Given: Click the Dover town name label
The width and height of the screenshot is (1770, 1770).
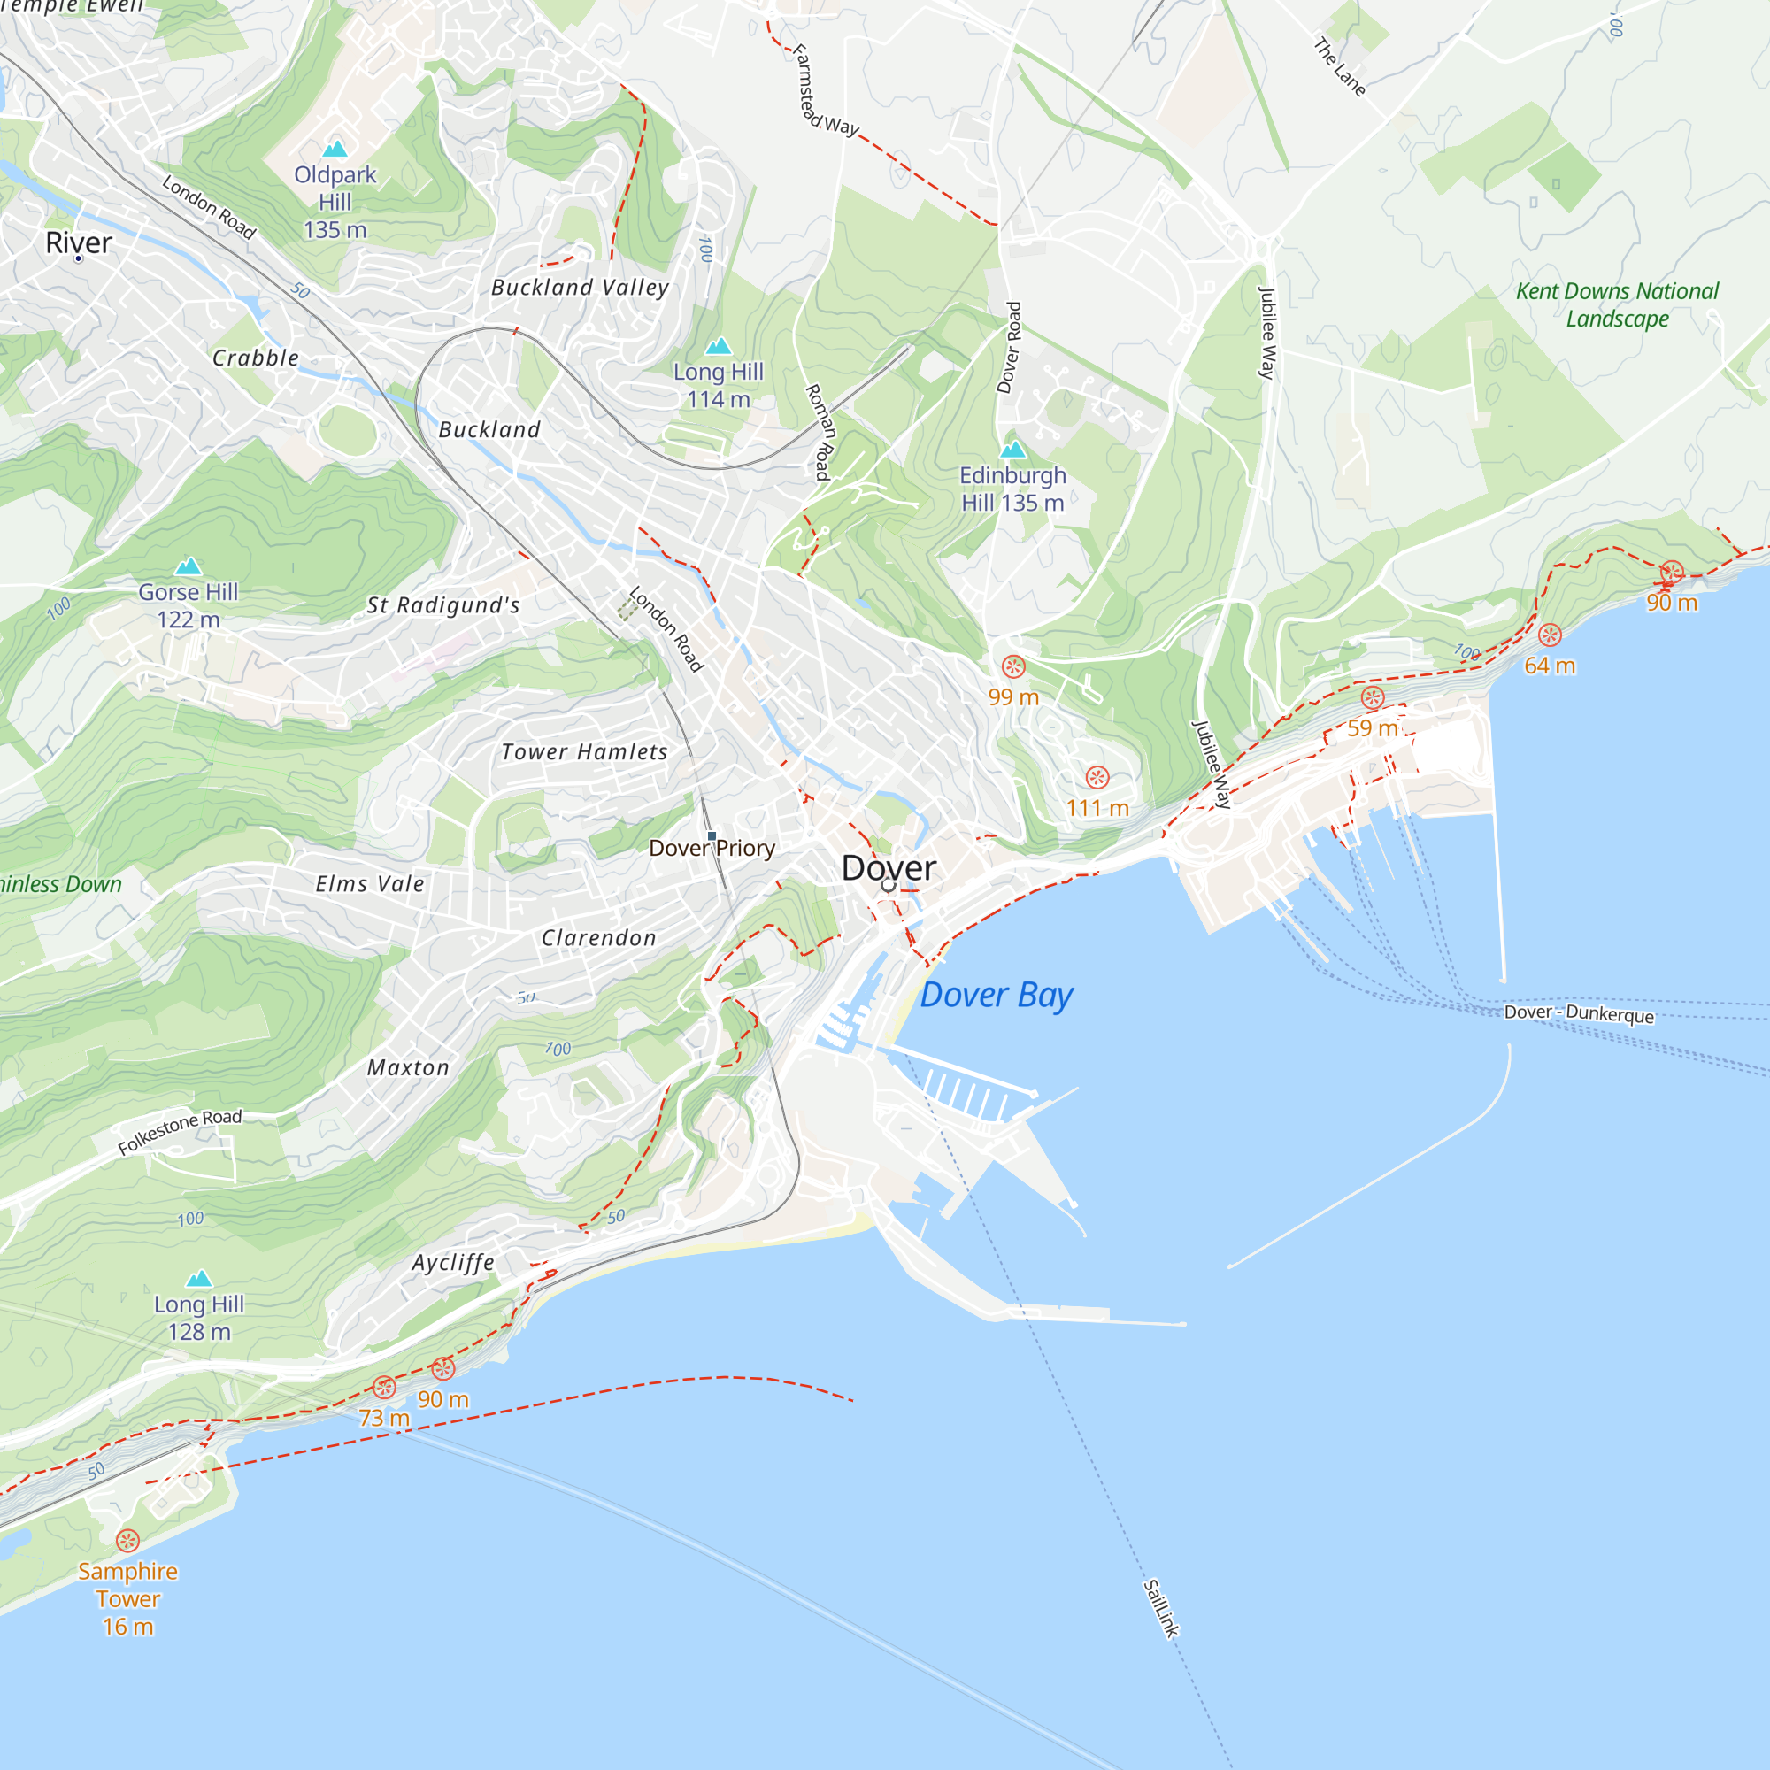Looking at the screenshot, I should (888, 867).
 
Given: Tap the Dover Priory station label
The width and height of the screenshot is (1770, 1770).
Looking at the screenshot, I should (711, 849).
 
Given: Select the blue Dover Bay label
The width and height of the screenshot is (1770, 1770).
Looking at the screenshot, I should (996, 995).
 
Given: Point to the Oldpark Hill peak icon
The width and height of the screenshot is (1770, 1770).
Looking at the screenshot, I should (335, 149).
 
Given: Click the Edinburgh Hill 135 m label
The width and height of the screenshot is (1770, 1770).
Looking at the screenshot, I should (1012, 489).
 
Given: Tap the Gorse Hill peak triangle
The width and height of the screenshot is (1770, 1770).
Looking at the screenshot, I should (188, 566).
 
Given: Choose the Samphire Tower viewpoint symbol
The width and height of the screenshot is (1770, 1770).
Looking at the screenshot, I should (127, 1540).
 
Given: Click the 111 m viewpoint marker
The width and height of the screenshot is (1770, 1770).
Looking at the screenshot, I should (1097, 778).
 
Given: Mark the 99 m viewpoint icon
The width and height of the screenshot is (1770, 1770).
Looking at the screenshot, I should (1012, 666).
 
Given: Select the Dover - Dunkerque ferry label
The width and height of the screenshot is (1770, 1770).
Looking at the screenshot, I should (1579, 1013).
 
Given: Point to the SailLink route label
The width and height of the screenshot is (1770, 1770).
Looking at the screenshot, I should (1160, 1608).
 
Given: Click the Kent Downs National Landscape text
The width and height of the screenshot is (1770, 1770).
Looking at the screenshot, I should (1617, 305).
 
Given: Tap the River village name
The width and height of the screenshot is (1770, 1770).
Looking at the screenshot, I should (79, 242).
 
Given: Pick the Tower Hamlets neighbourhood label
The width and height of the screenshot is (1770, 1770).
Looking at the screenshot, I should (583, 752).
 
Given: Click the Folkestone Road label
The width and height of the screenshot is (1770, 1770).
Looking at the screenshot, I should (180, 1131).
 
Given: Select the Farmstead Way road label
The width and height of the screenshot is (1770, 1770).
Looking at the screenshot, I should (824, 92).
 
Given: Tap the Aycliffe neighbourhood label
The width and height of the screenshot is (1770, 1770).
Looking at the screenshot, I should (452, 1263).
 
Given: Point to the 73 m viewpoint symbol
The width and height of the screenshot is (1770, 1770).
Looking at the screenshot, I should (384, 1387).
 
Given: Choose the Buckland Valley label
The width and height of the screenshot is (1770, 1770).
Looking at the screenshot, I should (580, 288).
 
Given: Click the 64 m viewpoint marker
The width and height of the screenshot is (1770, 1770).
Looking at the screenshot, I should (1550, 635).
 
